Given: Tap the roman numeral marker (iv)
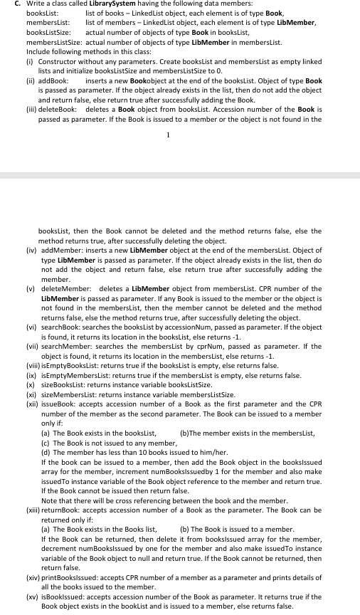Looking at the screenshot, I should pos(31,251).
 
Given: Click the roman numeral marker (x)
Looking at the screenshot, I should pos(31,384).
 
